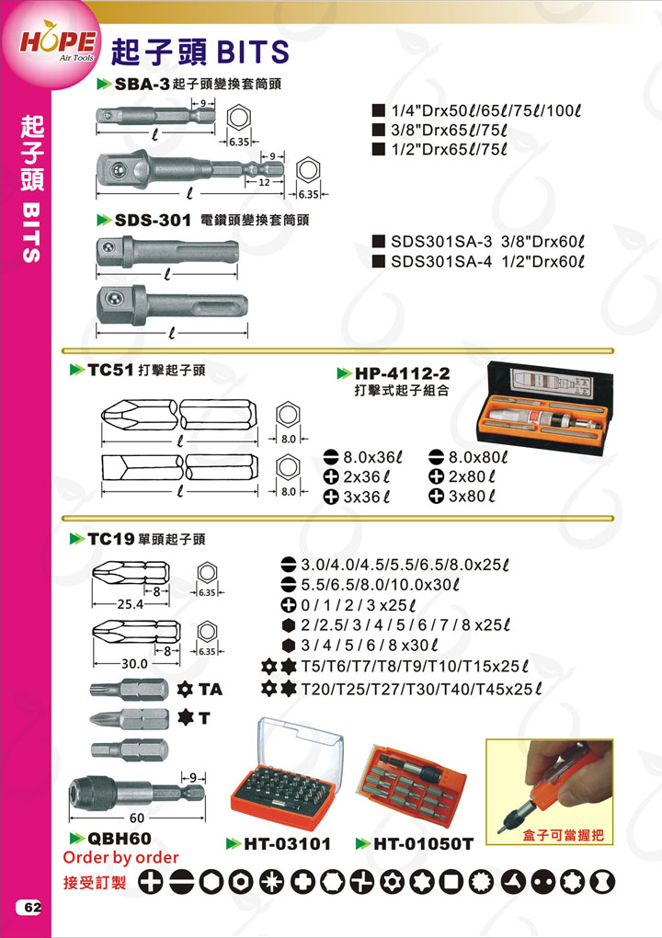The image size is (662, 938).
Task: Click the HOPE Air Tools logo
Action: [58, 43]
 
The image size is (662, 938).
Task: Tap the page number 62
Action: [32, 907]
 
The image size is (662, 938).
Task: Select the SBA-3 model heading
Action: [143, 85]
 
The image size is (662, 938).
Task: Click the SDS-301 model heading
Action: [152, 220]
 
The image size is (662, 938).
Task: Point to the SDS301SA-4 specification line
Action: [486, 261]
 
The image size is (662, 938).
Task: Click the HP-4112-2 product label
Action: [402, 373]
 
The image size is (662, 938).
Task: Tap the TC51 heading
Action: [110, 370]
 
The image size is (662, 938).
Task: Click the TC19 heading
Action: [110, 539]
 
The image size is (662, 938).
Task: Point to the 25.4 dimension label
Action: [130, 604]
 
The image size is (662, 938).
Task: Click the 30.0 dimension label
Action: [134, 663]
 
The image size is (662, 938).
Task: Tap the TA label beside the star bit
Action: [211, 690]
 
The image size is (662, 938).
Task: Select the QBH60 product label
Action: [119, 838]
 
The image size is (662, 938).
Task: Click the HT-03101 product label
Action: [287, 843]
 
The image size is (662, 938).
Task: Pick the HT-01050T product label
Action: [423, 843]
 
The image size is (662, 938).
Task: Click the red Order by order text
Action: [120, 857]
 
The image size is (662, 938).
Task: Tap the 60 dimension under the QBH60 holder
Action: [137, 818]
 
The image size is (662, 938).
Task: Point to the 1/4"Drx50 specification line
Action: [485, 110]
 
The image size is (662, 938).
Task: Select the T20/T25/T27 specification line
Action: [421, 689]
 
